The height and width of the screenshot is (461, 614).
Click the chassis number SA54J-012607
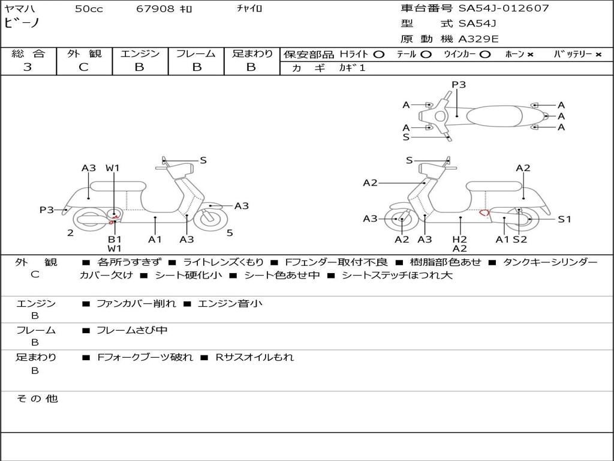pyautogui.click(x=504, y=8)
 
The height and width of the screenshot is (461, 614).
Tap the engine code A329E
pyautogui.click(x=478, y=39)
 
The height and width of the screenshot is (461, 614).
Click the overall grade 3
pyautogui.click(x=28, y=67)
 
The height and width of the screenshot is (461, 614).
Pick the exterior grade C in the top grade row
pyautogui.click(x=83, y=67)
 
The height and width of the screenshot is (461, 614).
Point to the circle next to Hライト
pyautogui.click(x=379, y=55)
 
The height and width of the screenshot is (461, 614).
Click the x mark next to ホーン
pyautogui.click(x=530, y=55)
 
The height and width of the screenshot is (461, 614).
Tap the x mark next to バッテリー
pyautogui.click(x=598, y=55)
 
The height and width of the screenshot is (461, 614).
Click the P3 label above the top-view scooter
pyautogui.click(x=459, y=84)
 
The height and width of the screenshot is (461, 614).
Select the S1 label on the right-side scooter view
pyautogui.click(x=564, y=219)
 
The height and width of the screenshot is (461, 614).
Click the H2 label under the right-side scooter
pyautogui.click(x=460, y=239)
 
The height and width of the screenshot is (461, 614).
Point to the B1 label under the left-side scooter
pyautogui.click(x=115, y=239)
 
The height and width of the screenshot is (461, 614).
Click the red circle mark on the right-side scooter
pyautogui.click(x=484, y=212)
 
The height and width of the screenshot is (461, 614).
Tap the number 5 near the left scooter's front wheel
pyautogui.click(x=230, y=233)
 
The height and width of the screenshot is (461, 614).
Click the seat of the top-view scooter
pyautogui.click(x=495, y=116)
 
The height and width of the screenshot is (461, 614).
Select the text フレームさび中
pyautogui.click(x=132, y=330)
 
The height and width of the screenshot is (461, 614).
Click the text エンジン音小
pyautogui.click(x=230, y=303)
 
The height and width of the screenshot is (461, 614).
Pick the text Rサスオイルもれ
pyautogui.click(x=254, y=357)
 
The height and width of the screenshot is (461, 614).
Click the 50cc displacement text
pyautogui.click(x=89, y=8)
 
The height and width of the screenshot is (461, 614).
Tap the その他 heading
pyautogui.click(x=37, y=399)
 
